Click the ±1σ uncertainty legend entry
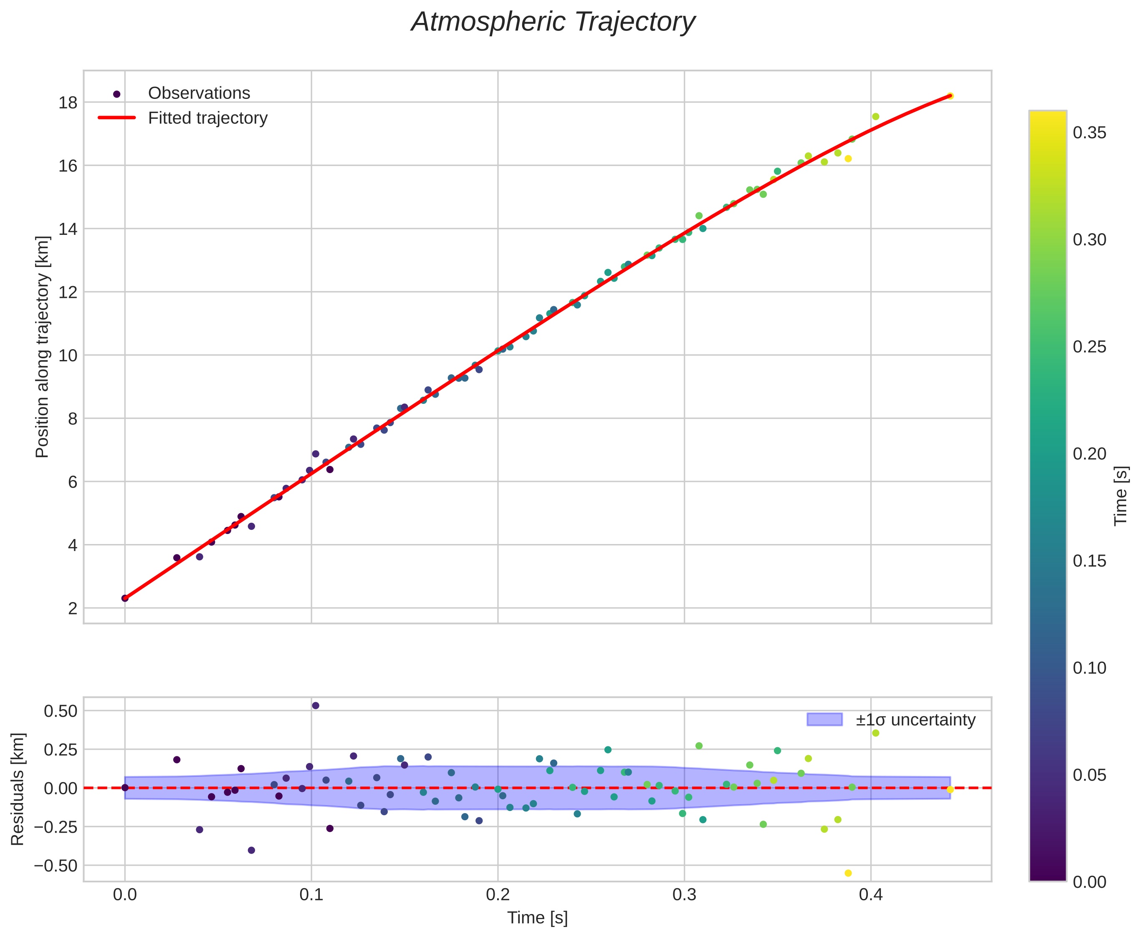point(915,720)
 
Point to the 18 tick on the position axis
point(68,103)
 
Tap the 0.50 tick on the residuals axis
point(61,711)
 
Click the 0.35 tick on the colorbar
point(1089,133)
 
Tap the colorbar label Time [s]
point(1121,496)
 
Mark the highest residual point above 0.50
point(316,705)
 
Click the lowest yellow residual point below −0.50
point(848,873)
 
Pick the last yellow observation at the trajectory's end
point(950,96)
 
